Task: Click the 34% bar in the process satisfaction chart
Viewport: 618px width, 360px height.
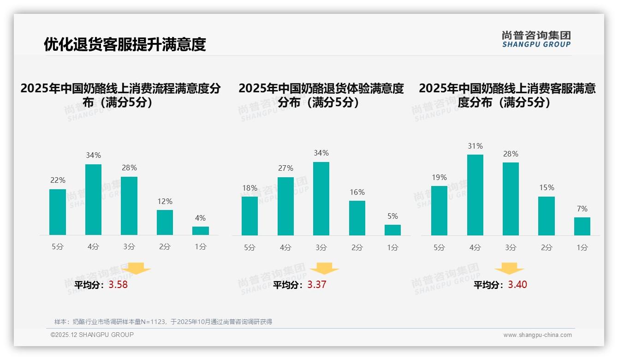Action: point(93,199)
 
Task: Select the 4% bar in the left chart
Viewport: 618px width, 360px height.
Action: point(201,231)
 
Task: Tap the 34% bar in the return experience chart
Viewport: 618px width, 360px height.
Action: point(321,198)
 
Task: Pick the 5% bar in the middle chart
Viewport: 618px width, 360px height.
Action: point(392,230)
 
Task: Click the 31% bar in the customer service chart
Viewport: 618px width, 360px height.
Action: point(475,195)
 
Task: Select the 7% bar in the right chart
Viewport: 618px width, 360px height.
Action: point(582,226)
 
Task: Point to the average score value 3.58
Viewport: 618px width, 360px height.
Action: point(118,285)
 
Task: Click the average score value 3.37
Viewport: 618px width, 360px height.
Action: point(317,285)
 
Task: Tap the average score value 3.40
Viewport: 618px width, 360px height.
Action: point(517,285)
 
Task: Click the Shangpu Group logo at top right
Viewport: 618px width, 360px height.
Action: point(536,39)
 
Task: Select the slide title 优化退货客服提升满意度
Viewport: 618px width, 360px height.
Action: point(125,44)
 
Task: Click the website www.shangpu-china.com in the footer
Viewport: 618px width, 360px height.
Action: point(537,335)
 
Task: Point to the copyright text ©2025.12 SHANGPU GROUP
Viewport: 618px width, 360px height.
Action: point(92,335)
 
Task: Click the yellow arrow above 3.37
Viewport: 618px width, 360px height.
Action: point(324,269)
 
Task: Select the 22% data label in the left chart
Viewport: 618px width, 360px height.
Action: point(58,180)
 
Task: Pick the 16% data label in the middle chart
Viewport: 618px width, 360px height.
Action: point(357,192)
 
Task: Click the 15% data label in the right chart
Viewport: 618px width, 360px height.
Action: point(546,187)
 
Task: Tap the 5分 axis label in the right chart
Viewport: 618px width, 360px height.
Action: point(439,248)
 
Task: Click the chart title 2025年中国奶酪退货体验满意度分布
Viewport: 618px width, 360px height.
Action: point(321,95)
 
